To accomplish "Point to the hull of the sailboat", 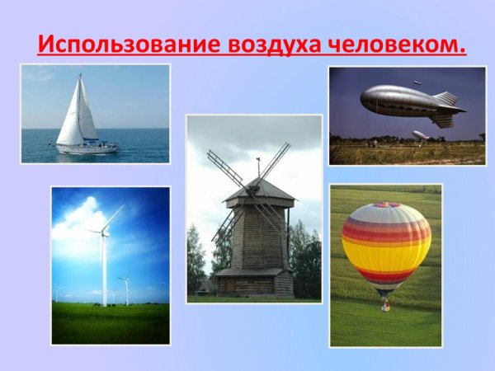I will click(x=86, y=148).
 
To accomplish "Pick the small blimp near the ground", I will click(x=420, y=134).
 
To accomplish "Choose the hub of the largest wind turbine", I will click(x=105, y=233).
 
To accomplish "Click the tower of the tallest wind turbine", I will click(x=105, y=272).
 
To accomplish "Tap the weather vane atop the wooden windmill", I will click(x=257, y=163).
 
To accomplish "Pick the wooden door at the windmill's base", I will click(x=247, y=284).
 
